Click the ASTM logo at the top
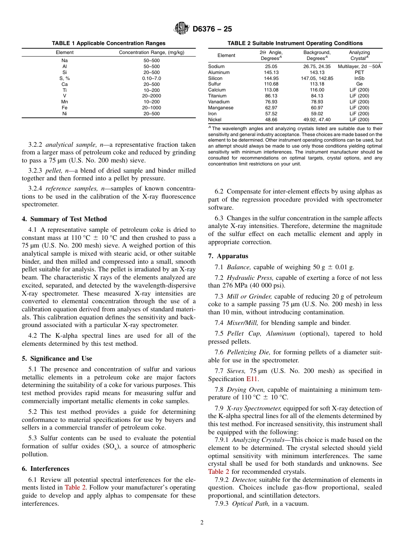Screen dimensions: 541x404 [x=182, y=29]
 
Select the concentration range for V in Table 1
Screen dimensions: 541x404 [x=151, y=96]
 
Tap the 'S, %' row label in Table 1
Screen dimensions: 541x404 [x=65, y=78]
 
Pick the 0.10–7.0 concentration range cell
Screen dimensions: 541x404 [x=151, y=78]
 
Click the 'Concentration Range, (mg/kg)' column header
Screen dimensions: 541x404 [x=151, y=52]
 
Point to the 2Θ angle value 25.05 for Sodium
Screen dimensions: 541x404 [x=271, y=67]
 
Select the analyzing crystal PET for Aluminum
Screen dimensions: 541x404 [x=359, y=73]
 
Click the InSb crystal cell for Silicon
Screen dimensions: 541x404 [x=359, y=79]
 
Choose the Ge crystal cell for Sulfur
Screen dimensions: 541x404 [x=359, y=84]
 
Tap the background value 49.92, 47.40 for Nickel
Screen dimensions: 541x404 [x=317, y=120]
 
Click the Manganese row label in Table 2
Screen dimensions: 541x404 [x=221, y=108]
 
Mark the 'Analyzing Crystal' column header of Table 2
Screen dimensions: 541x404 [x=359, y=55]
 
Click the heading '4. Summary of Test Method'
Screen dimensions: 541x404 [x=64, y=219]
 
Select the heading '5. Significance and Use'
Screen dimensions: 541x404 [x=57, y=359]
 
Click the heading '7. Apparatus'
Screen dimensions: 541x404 [x=228, y=256]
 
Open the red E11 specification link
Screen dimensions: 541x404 [x=252, y=379]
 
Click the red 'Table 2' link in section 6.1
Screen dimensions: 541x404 [x=74, y=487]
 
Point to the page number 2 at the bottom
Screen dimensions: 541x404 [x=202, y=523]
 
